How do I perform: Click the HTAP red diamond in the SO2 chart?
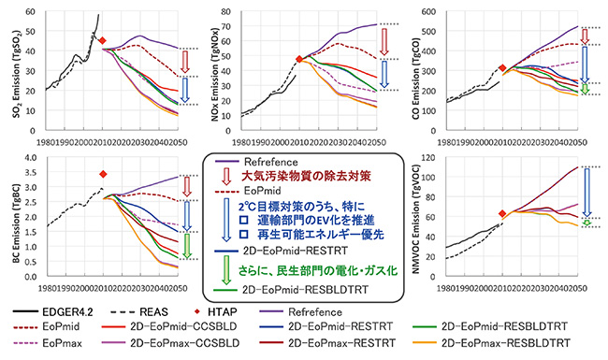click(103, 41)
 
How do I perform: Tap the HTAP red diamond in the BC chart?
click(103, 174)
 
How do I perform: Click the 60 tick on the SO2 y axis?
click(33, 12)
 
